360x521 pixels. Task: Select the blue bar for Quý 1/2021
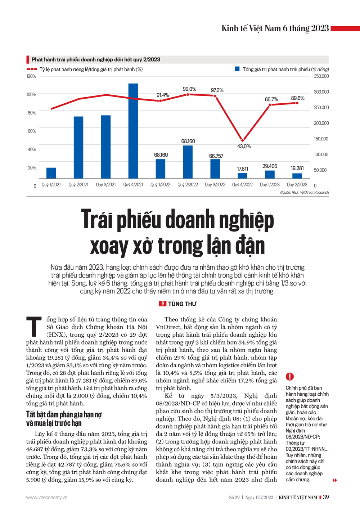(x=51, y=173)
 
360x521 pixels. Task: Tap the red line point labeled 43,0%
(x=243, y=140)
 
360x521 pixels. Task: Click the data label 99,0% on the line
(x=189, y=89)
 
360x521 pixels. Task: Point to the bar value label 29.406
(x=270, y=166)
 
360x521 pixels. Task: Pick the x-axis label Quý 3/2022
(x=215, y=185)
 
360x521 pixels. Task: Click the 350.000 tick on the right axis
(x=321, y=76)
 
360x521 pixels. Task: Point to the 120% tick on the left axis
(x=31, y=76)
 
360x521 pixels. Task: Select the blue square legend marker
(x=237, y=69)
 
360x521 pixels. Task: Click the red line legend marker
(x=32, y=69)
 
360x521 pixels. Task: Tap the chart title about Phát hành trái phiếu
(x=96, y=60)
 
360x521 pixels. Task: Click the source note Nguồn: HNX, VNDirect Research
(x=304, y=193)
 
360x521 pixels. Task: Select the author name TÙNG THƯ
(x=182, y=304)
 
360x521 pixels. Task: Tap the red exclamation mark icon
(x=290, y=377)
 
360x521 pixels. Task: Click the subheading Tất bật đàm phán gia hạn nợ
(x=64, y=415)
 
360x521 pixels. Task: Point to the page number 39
(x=326, y=497)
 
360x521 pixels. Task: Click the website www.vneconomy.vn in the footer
(x=46, y=498)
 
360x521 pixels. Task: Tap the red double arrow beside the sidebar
(x=335, y=480)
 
